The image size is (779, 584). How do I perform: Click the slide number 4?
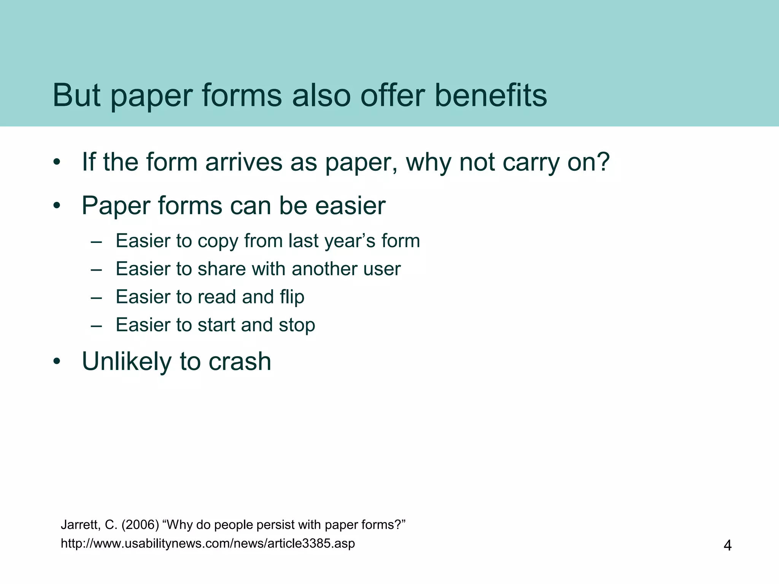click(727, 546)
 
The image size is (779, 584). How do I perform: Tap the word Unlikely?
click(127, 362)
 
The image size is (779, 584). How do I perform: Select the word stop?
click(297, 325)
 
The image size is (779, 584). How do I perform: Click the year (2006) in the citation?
click(140, 525)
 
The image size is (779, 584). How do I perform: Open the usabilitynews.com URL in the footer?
click(208, 543)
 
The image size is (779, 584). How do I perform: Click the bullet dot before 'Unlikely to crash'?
click(57, 362)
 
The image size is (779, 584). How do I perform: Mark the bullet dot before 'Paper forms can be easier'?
click(57, 206)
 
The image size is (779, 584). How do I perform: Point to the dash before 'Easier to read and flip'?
click(97, 297)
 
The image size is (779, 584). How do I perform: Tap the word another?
click(325, 269)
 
